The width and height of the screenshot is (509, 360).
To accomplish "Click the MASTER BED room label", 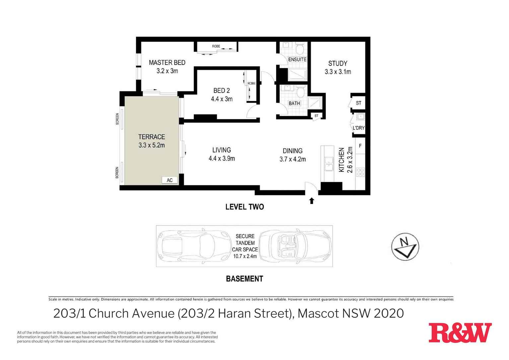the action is pyautogui.click(x=167, y=62).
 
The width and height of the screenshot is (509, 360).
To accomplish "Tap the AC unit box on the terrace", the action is pyautogui.click(x=170, y=180).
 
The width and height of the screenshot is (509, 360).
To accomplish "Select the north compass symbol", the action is pyautogui.click(x=405, y=247).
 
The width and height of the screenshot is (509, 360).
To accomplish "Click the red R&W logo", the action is pyautogui.click(x=460, y=333).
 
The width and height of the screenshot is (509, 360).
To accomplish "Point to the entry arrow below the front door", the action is pyautogui.click(x=312, y=201).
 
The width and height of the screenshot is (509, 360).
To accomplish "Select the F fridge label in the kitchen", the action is pyautogui.click(x=360, y=146).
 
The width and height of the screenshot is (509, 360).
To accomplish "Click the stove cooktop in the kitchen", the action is pyautogui.click(x=360, y=172).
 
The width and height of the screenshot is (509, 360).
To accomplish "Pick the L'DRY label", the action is pyautogui.click(x=359, y=128).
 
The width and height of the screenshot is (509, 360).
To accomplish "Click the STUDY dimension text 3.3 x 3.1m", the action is pyautogui.click(x=338, y=72).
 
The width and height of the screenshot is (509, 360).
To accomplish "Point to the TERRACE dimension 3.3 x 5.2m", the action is pyautogui.click(x=152, y=145).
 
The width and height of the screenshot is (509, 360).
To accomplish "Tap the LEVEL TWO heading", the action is pyautogui.click(x=245, y=207).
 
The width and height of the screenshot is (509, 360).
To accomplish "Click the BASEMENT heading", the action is pyautogui.click(x=245, y=279).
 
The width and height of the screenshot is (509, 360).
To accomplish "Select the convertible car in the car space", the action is pyautogui.click(x=295, y=246).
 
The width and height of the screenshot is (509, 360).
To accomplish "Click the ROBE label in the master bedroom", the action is pyautogui.click(x=216, y=46).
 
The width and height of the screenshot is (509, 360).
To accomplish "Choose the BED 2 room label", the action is pyautogui.click(x=222, y=91).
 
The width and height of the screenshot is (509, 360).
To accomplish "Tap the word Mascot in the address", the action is pyautogui.click(x=318, y=314).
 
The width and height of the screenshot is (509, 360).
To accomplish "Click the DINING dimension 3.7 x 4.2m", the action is pyautogui.click(x=292, y=159).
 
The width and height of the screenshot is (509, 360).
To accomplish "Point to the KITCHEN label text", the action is pyautogui.click(x=341, y=160).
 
